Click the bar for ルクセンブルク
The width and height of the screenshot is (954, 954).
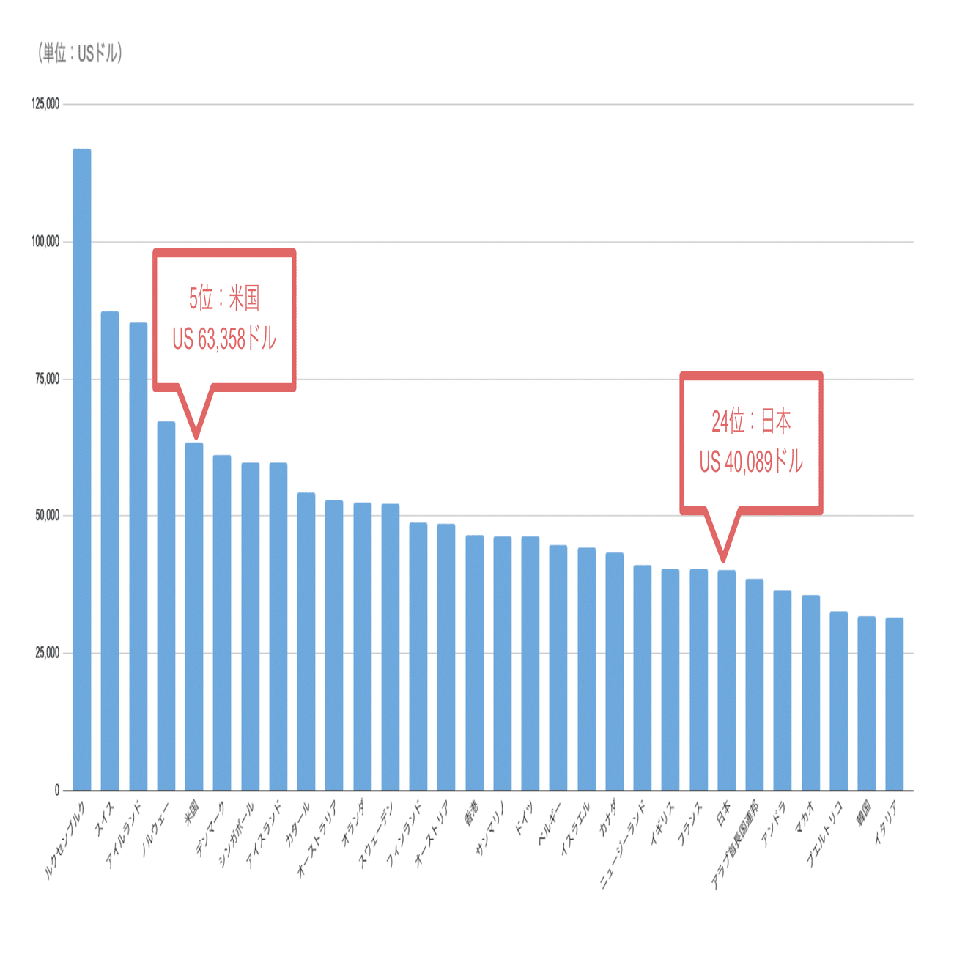tap(82, 469)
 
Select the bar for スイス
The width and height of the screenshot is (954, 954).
tap(110, 550)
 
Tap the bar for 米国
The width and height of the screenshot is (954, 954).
tap(194, 615)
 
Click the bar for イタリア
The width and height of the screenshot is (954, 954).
tap(894, 703)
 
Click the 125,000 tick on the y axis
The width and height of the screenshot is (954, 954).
tap(45, 104)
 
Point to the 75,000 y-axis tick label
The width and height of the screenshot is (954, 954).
tap(47, 379)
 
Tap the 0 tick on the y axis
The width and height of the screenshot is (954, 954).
tap(56, 791)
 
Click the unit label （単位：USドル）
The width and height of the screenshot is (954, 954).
tap(80, 53)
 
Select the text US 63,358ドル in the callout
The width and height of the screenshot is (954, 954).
tap(224, 339)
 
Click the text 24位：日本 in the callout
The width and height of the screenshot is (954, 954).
tap(751, 421)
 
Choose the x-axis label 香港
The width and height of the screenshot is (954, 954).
tap(471, 813)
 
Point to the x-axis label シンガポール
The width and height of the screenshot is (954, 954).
tap(236, 834)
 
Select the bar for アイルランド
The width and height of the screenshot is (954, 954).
tap(138, 557)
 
